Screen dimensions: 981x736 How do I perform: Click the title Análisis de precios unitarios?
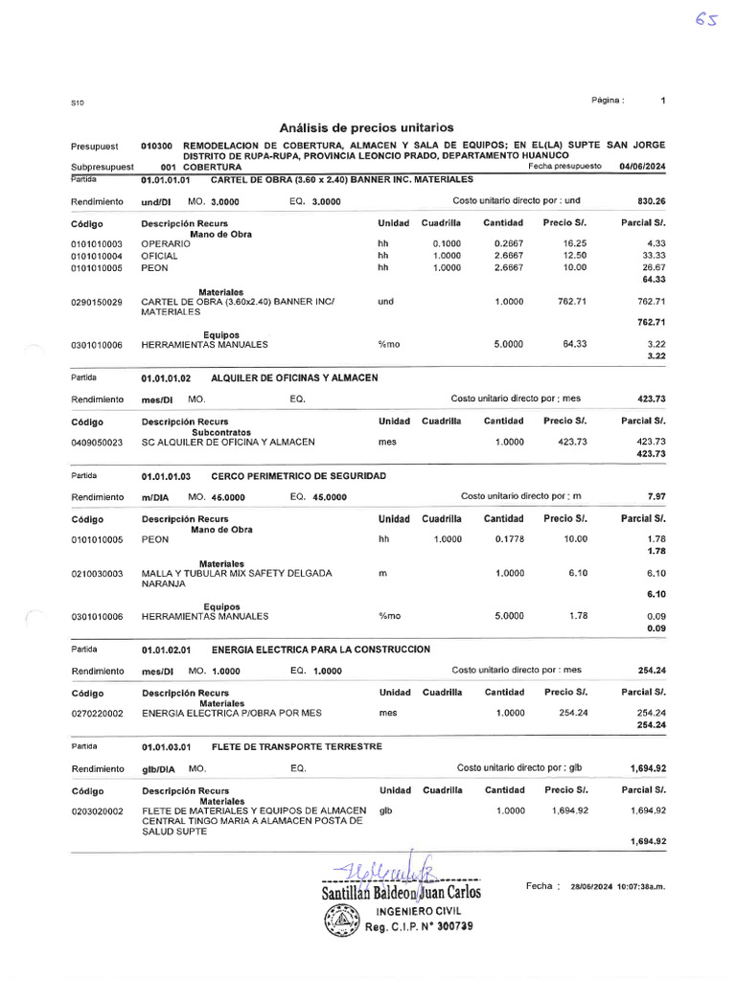[x=366, y=127]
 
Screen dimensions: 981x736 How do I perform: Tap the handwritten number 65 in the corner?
[x=707, y=20]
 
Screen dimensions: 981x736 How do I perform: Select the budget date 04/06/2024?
[x=642, y=166]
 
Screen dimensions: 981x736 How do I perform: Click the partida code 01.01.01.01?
[x=167, y=180]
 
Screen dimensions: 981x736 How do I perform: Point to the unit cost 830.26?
[x=651, y=202]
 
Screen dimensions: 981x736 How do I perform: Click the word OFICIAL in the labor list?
[x=159, y=256]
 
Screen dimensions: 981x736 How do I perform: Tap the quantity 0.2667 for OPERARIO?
[x=508, y=244]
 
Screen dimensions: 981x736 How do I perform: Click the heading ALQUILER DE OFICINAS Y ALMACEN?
[x=294, y=378]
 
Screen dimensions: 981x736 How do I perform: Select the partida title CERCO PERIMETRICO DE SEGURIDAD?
[x=298, y=476]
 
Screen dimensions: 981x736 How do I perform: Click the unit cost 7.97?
[x=656, y=497]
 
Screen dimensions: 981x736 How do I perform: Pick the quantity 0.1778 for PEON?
[x=508, y=540]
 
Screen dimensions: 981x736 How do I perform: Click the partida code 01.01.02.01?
[x=167, y=650]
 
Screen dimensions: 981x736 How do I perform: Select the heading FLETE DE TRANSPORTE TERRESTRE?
[x=296, y=746]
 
